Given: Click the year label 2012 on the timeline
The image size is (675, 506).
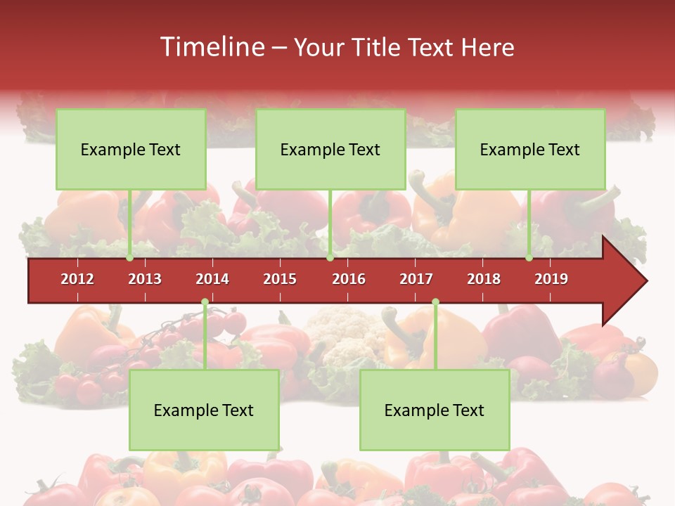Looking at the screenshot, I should pos(77,279).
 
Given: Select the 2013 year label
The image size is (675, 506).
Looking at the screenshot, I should pos(145,279).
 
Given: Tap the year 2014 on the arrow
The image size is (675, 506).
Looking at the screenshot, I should pos(212,279).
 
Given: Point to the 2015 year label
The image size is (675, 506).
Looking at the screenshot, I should pos(280,279).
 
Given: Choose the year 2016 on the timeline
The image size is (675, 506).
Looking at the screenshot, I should pos(349,279).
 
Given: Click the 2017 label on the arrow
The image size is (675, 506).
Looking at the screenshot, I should pos(416,279).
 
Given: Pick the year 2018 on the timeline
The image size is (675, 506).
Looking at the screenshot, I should pos(484,279).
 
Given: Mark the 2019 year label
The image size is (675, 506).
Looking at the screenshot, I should pos(551,279).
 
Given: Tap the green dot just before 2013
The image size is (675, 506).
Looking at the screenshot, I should pos(129,258).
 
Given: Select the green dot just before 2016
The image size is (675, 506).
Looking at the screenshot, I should pos(330,258).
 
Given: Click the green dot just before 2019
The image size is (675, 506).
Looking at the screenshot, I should pos(529,258).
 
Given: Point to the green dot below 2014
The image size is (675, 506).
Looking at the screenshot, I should pos(205,302).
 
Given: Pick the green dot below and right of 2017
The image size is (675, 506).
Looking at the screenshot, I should pos(435,302).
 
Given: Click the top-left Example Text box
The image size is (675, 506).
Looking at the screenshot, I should pos(131,149).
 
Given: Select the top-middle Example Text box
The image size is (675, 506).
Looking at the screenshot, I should pos(330,149).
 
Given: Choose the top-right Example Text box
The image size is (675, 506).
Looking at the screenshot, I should pos(530,149).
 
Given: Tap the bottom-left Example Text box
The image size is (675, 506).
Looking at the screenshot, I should pos(204,410).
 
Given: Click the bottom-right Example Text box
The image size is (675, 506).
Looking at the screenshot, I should pos(435,410).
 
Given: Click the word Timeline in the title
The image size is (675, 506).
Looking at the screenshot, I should pos(211,47).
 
